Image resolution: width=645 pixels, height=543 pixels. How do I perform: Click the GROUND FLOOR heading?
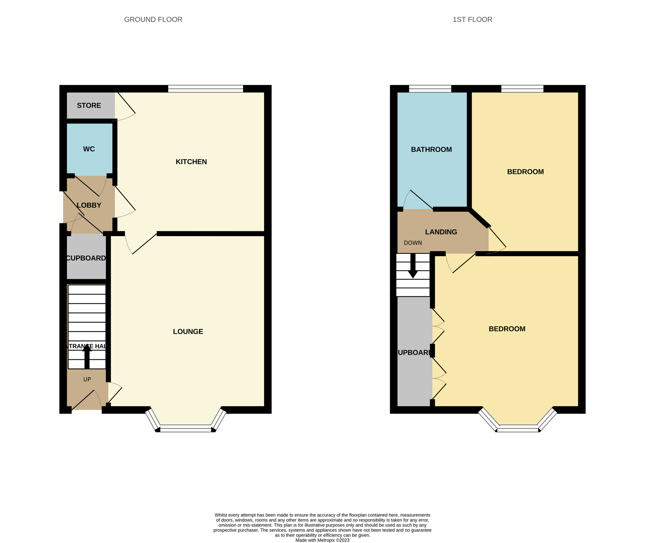[x=153, y=19]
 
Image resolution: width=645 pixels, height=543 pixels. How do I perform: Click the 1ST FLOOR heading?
[x=472, y=19]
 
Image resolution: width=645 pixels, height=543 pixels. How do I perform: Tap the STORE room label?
[x=89, y=106]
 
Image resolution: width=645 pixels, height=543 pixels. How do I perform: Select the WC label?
[x=89, y=149]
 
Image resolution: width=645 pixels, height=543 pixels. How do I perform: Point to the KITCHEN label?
[x=191, y=162]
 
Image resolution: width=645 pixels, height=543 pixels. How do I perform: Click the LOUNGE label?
[x=188, y=332]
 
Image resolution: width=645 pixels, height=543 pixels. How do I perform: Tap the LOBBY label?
[x=89, y=205]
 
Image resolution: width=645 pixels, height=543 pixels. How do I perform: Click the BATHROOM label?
[x=431, y=150]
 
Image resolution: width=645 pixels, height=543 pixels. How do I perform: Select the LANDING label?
[x=440, y=232]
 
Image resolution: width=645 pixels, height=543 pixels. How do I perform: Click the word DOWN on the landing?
[x=413, y=243]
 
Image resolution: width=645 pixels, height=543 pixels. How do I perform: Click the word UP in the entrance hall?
[x=87, y=379]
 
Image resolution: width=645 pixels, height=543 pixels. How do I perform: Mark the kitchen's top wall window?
[x=205, y=89]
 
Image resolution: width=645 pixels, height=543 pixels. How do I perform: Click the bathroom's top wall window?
[x=430, y=89]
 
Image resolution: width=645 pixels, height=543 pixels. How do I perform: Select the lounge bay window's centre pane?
[x=186, y=428]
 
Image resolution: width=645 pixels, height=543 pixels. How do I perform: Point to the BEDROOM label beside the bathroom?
[x=525, y=172]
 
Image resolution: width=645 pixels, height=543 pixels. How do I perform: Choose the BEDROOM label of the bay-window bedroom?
[x=507, y=329]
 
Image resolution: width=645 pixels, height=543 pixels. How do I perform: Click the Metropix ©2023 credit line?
[x=322, y=540]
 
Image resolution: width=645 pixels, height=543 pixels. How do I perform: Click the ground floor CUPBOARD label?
[x=86, y=258]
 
